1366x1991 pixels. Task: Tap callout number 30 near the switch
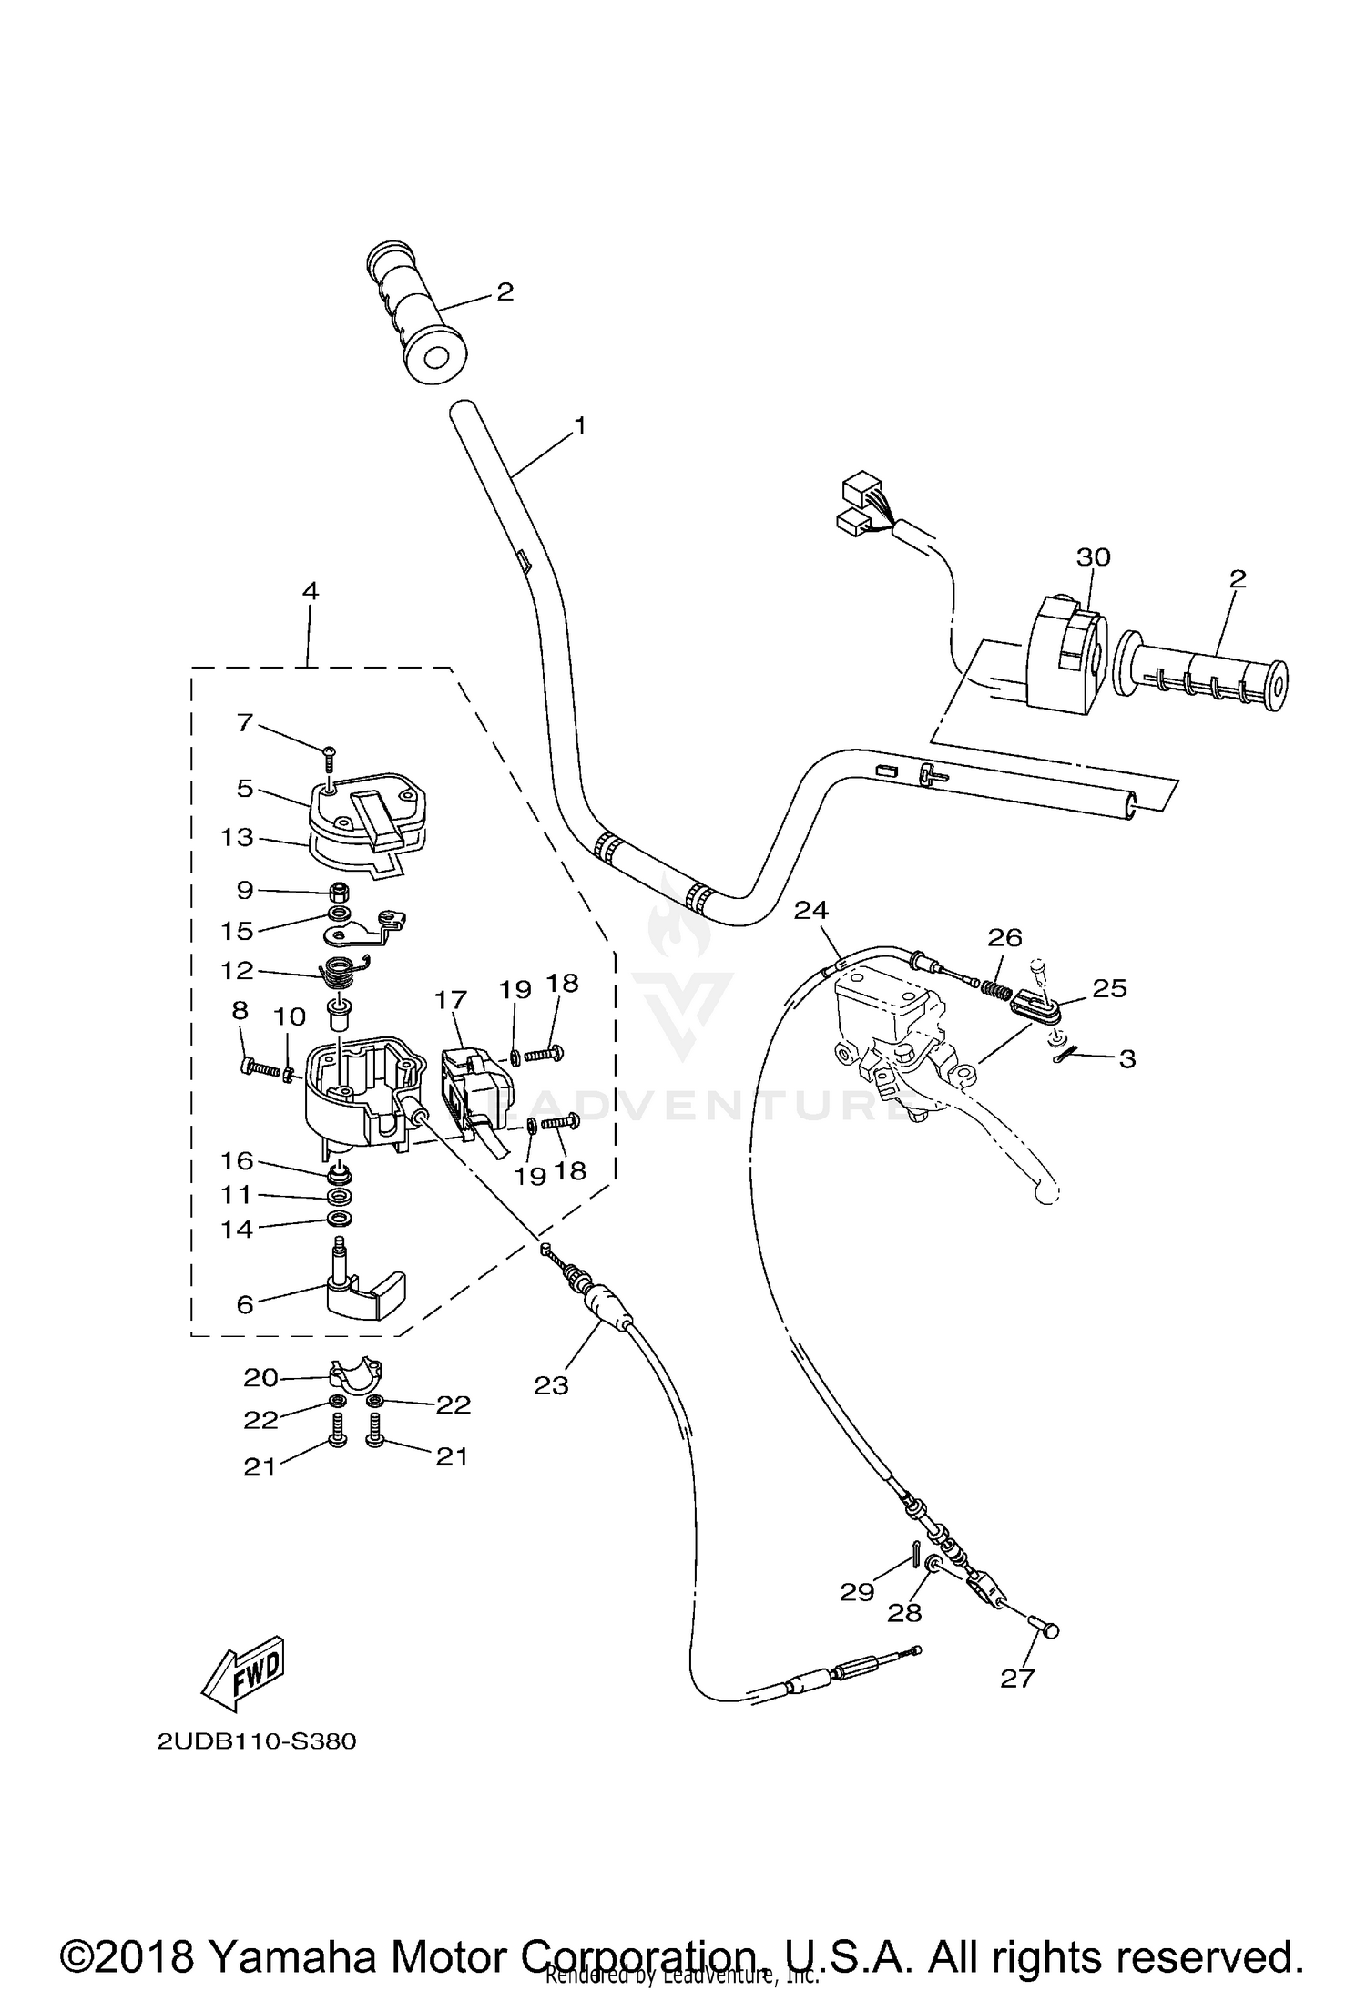tap(1093, 556)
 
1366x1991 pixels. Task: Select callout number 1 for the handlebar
tap(579, 425)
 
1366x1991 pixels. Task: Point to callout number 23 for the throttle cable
tap(551, 1385)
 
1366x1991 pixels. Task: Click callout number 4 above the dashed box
tap(310, 590)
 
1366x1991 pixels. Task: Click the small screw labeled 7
tap(329, 750)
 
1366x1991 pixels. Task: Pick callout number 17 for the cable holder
tap(451, 1000)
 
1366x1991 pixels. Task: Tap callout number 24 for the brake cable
tap(810, 909)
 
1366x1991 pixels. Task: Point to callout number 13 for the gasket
tap(237, 836)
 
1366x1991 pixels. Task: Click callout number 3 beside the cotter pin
tap(1127, 1058)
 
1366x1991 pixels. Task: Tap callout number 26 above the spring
tap(1004, 937)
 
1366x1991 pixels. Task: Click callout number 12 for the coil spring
tap(237, 970)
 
